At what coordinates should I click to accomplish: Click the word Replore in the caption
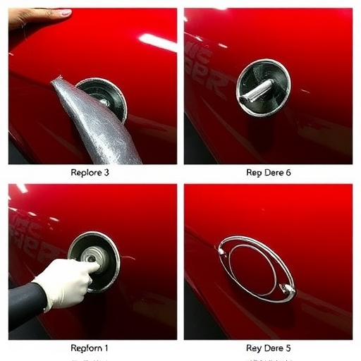(87, 172)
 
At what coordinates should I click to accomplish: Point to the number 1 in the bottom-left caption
(106, 348)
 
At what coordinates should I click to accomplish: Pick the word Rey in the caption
(254, 348)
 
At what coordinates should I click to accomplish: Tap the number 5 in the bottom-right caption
(288, 348)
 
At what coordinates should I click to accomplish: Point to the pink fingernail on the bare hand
(65, 13)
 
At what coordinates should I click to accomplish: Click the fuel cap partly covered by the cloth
(106, 97)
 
